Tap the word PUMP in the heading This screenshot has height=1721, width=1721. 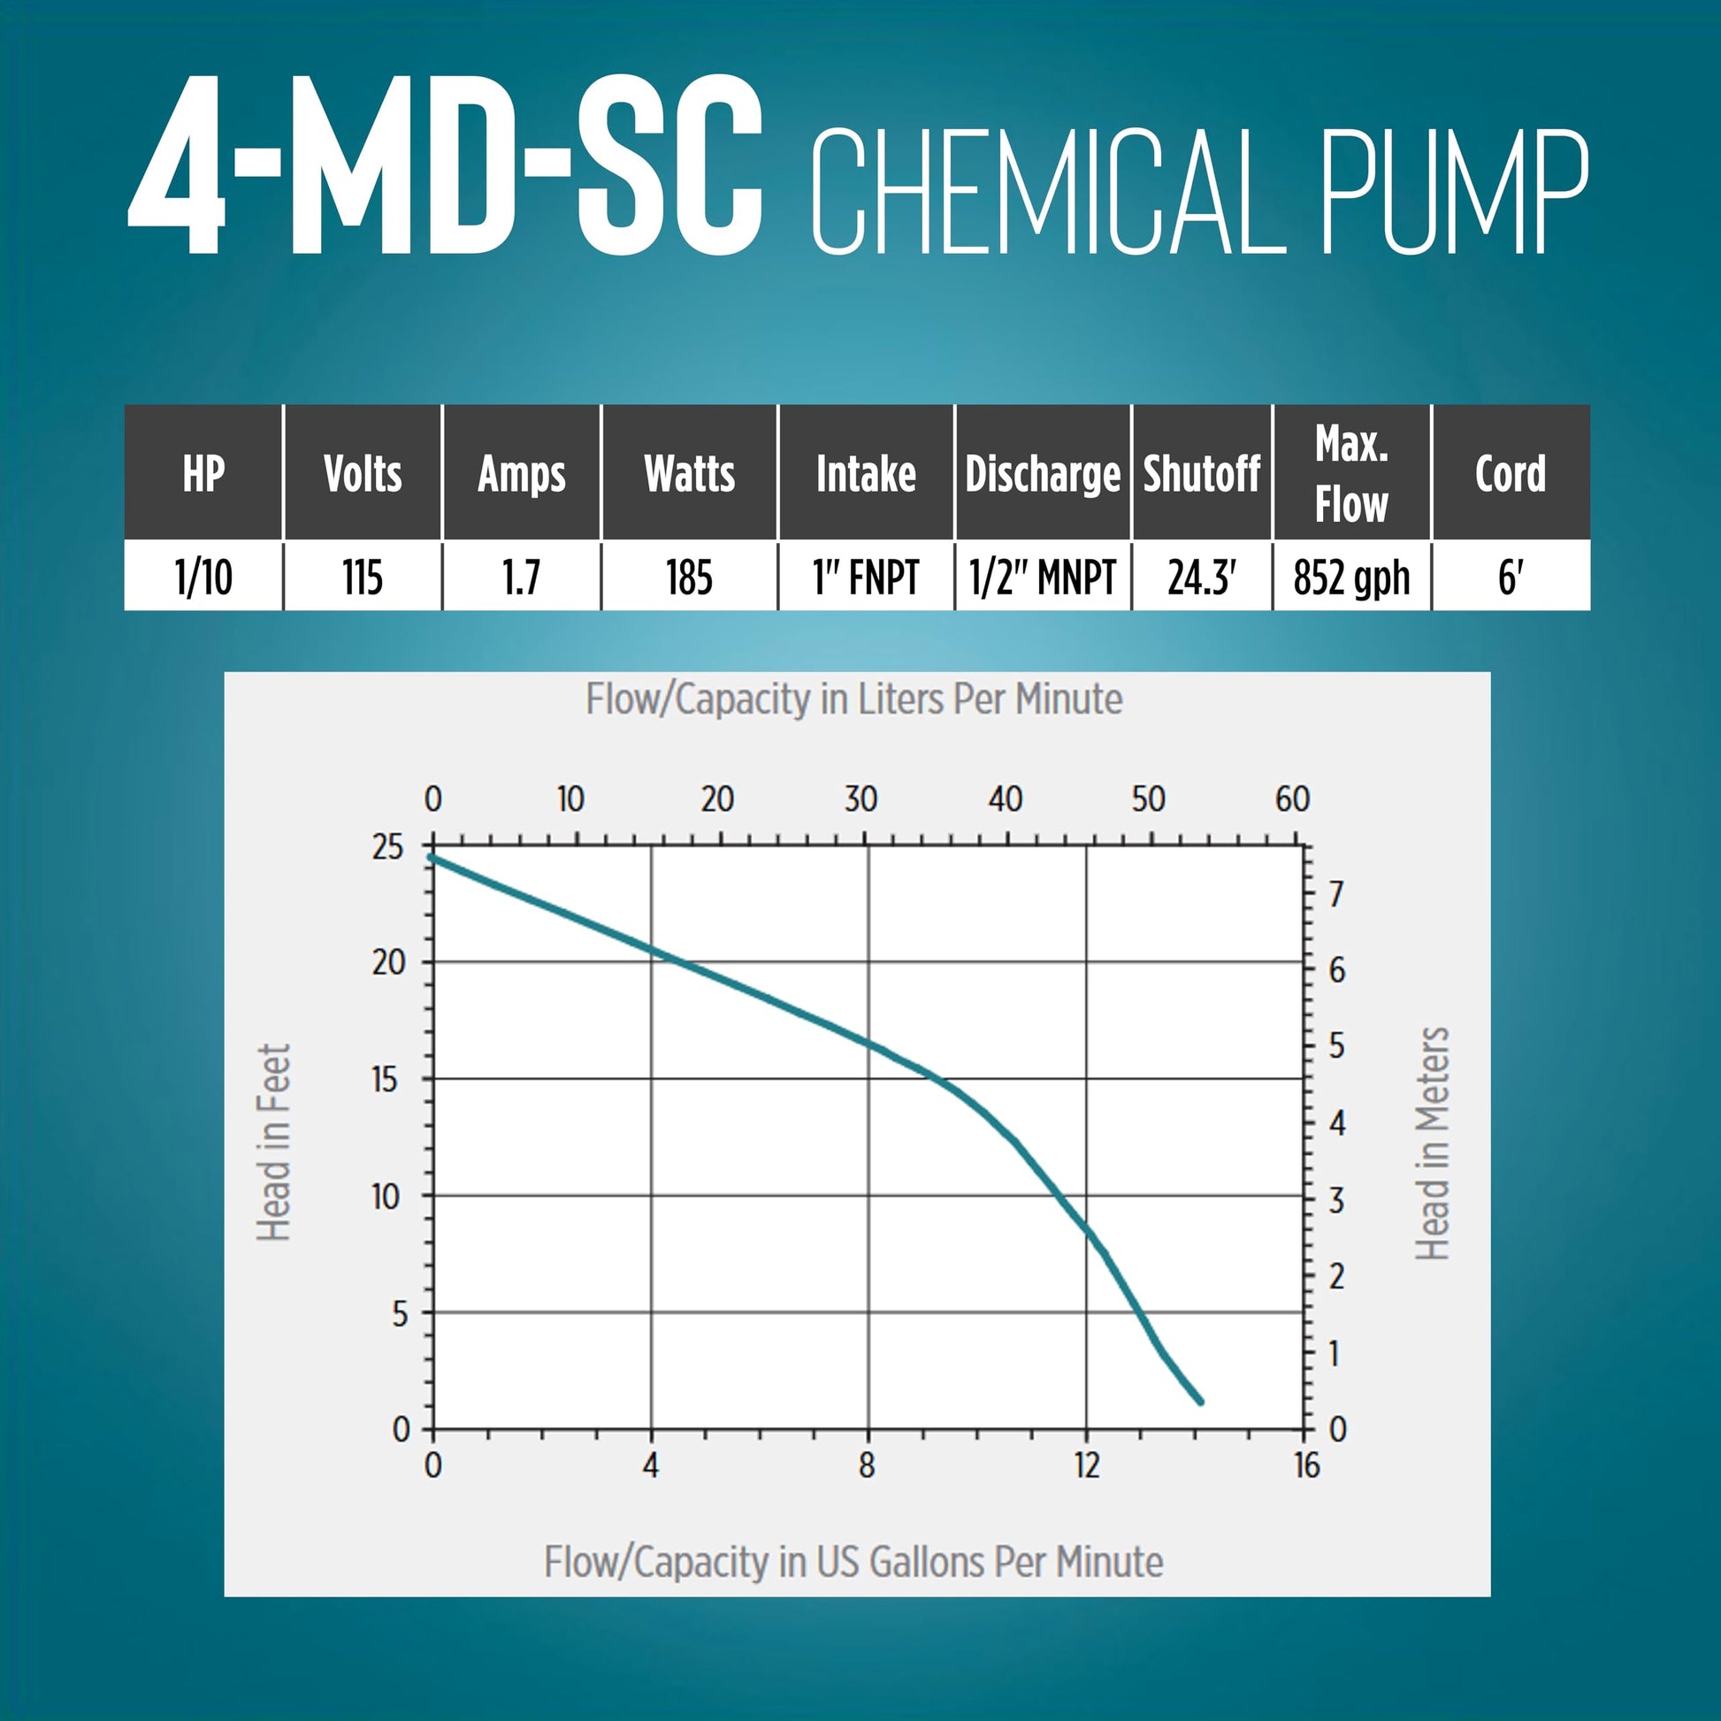point(1455,191)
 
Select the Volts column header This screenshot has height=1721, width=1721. point(363,473)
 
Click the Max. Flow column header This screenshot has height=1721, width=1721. point(1351,473)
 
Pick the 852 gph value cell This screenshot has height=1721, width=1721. point(1351,577)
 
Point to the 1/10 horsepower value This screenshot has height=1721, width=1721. point(204,577)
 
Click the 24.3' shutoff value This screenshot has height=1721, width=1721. point(1202,577)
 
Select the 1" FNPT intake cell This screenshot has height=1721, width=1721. point(866,577)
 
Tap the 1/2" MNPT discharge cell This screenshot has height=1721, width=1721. point(1042,577)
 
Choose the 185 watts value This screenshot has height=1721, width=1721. point(689,577)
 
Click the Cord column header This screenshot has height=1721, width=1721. point(1510,473)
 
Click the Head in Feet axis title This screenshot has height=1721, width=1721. point(273,1143)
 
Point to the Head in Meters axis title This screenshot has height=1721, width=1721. point(1433,1143)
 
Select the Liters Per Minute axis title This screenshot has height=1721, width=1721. point(853,700)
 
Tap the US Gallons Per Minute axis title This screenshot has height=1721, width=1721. point(853,1562)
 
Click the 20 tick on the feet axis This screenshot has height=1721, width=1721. point(388,963)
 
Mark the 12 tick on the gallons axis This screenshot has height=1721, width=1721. point(1087,1465)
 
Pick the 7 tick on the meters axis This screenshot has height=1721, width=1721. point(1336,893)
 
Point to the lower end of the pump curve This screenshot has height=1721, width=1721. point(1201,1401)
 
